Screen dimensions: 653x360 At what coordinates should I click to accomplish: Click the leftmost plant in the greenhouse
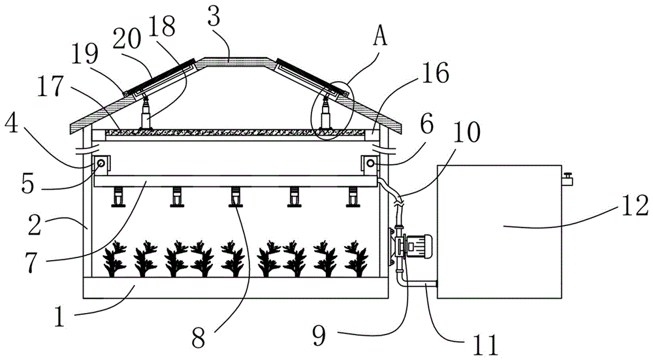point(116,259)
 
